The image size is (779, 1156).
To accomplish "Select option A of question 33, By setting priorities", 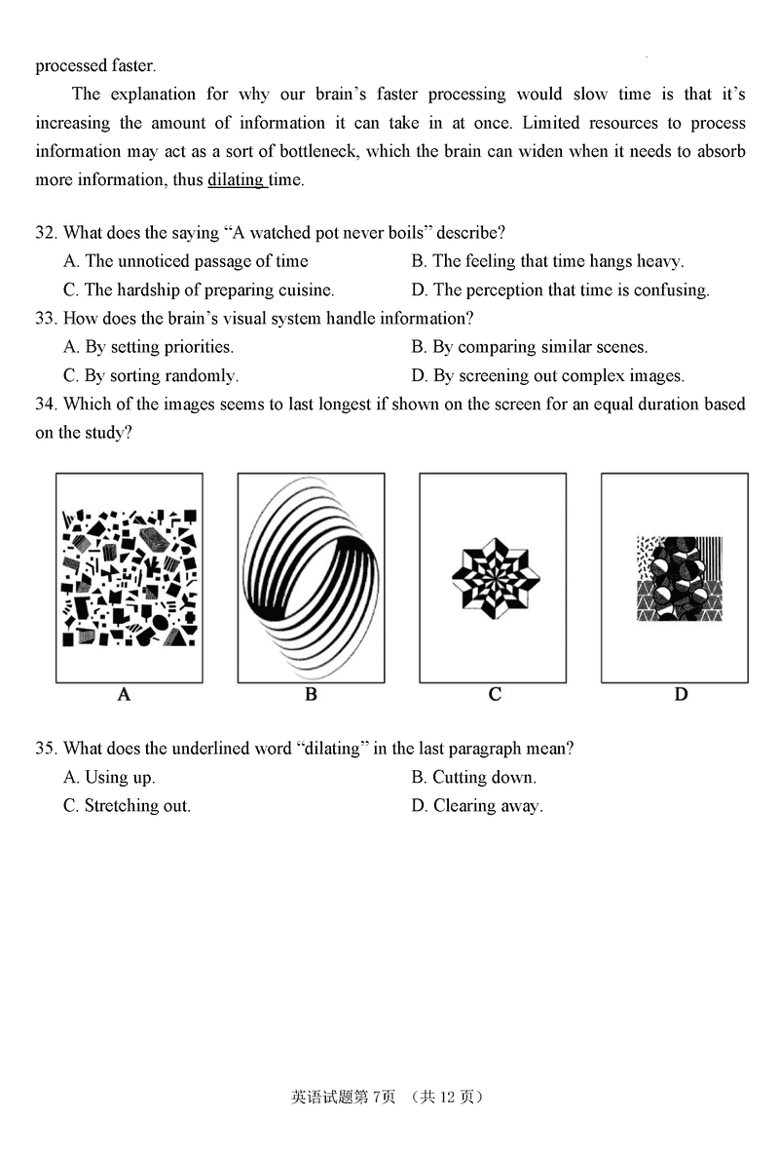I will click(148, 347).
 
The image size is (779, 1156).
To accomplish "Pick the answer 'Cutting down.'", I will click(473, 777).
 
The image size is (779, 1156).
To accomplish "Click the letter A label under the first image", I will click(124, 695).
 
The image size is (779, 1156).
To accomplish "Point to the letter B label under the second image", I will click(311, 695).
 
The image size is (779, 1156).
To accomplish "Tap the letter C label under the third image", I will click(495, 695).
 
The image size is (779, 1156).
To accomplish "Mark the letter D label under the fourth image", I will click(681, 695).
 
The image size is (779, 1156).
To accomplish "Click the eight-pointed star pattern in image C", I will click(495, 578).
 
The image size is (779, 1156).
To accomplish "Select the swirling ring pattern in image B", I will click(311, 578).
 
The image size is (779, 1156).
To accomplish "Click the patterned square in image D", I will click(679, 578).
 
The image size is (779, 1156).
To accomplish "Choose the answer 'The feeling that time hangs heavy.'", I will click(547, 261).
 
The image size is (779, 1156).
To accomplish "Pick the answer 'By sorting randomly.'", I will click(151, 375).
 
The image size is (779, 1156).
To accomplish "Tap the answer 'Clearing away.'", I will click(477, 805).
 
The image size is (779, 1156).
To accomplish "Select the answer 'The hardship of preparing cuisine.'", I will click(199, 289).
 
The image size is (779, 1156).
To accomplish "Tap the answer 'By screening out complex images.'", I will click(547, 375).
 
